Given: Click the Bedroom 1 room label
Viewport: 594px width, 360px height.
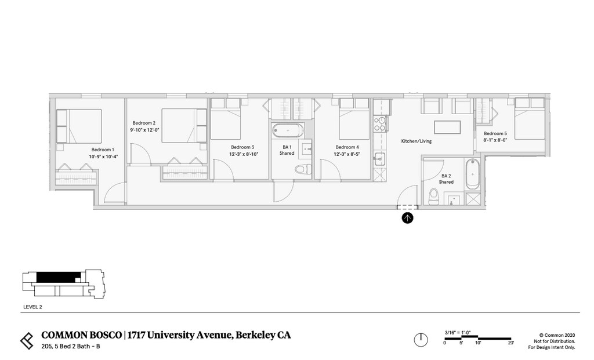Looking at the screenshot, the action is [102, 150].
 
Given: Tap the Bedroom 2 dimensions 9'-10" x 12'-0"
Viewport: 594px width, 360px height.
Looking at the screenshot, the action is [144, 130].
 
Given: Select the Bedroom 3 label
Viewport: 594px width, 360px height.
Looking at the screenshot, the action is [242, 147].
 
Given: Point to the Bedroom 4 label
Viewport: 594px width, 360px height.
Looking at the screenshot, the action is [347, 147].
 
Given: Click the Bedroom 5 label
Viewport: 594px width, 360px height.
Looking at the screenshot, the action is [495, 134].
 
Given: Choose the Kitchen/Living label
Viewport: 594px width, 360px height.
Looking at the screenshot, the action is [416, 141].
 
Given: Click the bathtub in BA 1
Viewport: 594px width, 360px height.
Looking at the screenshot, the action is [288, 130].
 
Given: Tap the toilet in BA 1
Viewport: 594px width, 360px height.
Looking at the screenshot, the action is [303, 169].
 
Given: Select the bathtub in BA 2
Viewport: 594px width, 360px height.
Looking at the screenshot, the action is [472, 174].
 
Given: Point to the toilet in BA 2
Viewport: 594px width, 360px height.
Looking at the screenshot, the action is [433, 198].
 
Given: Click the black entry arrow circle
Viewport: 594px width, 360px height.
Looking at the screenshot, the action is [407, 218].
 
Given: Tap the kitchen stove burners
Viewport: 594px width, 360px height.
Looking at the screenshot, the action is [380, 124].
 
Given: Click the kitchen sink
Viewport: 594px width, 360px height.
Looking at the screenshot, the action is [379, 159].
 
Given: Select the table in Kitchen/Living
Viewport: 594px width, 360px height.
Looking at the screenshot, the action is [447, 127].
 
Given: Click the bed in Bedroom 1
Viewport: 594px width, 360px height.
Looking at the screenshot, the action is [79, 126].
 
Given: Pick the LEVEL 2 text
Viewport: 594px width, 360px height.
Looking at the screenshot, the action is [32, 307].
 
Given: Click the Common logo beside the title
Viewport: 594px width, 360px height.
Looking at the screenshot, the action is [27, 340].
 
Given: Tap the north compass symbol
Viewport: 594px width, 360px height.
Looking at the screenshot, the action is [421, 340].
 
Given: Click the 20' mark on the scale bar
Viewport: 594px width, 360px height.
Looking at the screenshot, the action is [511, 343].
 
